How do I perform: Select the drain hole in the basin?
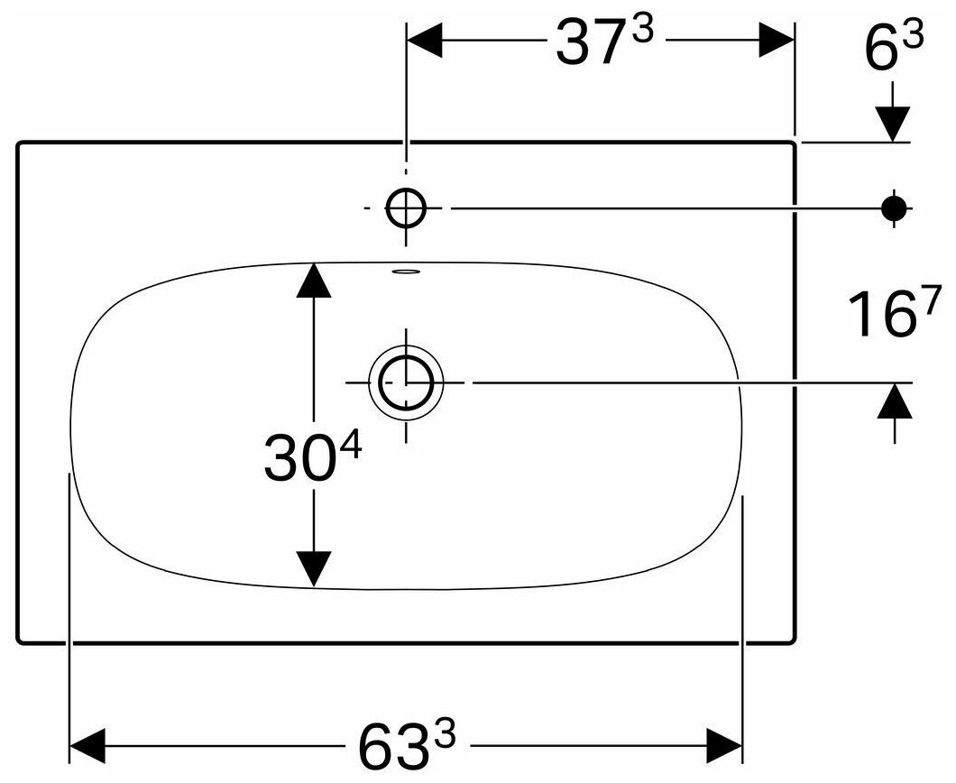click(x=407, y=382)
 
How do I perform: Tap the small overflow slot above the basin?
click(x=407, y=270)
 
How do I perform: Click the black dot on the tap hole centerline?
click(x=894, y=208)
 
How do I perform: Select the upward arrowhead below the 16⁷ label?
click(x=894, y=401)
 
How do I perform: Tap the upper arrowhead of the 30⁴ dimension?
click(x=313, y=281)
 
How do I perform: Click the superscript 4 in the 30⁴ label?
click(x=349, y=444)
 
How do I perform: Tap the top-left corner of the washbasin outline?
click(x=20, y=143)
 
